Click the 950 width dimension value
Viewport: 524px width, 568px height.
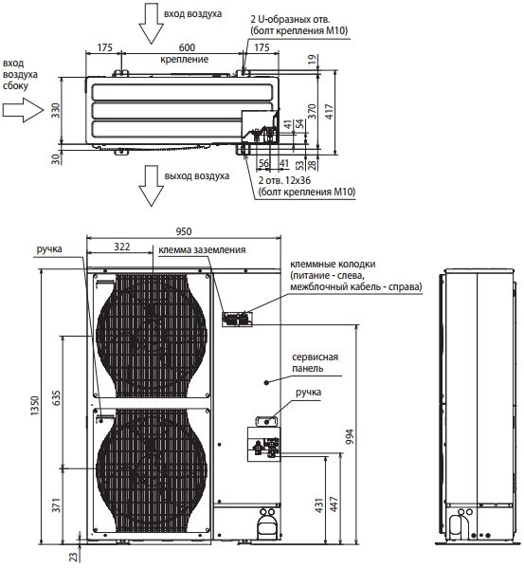[x=184, y=231]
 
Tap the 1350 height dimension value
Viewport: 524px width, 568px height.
[x=35, y=405]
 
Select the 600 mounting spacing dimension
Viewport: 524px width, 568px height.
[x=187, y=47]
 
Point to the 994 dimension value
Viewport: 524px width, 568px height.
[x=350, y=437]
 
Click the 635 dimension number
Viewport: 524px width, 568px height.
[x=57, y=398]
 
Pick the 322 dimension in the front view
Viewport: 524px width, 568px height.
[x=122, y=247]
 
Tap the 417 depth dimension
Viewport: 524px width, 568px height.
[x=329, y=112]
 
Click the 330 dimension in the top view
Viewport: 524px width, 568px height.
[x=55, y=110]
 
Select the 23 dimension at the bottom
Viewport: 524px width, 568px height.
[x=74, y=556]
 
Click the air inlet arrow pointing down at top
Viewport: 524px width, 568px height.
[x=152, y=23]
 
